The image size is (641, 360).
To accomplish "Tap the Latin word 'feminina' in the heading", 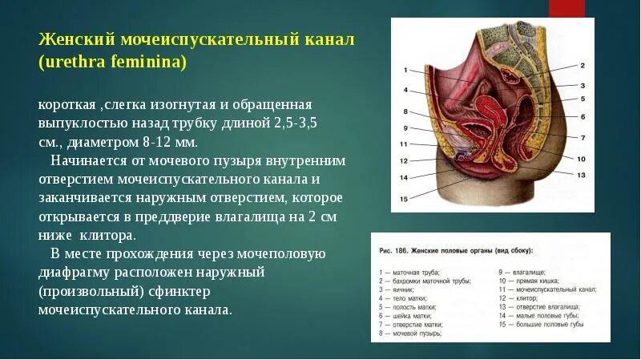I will pos(147,62).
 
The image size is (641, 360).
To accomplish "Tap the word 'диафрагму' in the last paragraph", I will pos(75,273).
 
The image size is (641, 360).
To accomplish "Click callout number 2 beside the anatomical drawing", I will pos(583,65).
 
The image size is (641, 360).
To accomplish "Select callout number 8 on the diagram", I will pos(406,111).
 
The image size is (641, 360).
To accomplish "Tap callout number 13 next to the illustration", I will pos(582,174).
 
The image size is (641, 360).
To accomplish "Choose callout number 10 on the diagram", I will pos(582,159).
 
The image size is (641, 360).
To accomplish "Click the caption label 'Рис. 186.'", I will pos(394,251).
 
